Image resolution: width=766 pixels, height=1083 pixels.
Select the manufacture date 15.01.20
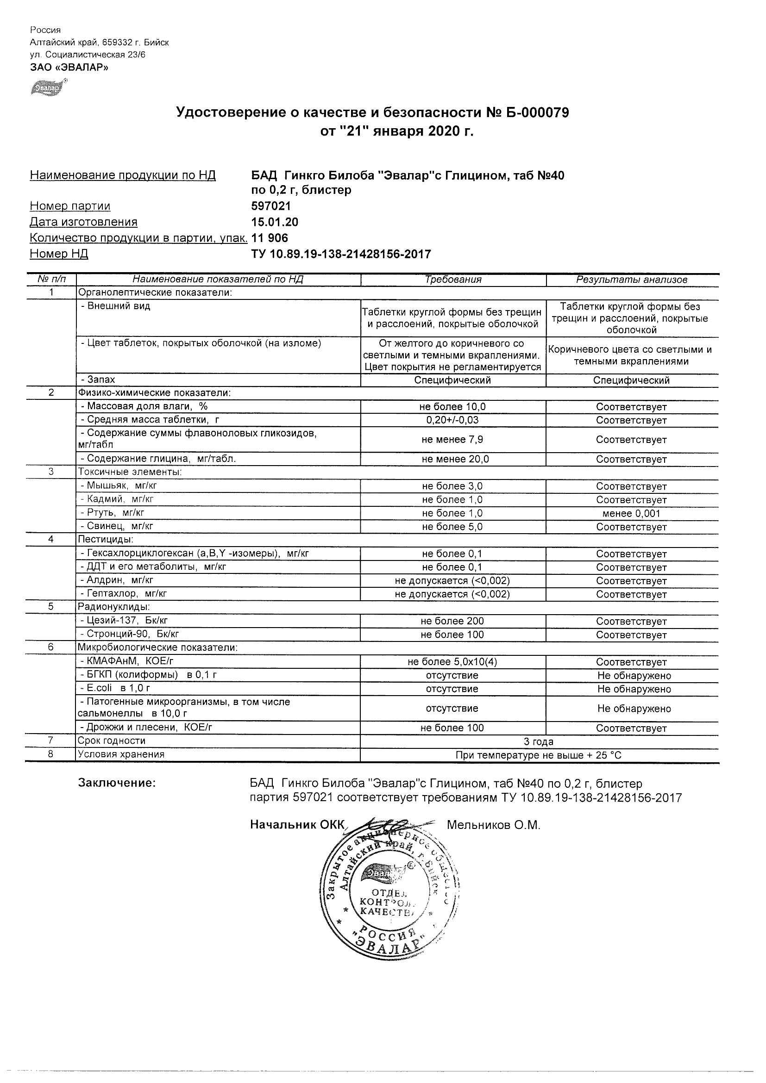pos(274,222)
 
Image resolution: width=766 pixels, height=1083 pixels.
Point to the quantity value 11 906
pos(270,238)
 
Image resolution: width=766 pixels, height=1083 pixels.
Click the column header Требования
pos(453,280)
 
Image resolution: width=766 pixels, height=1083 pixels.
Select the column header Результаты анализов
pos(632,280)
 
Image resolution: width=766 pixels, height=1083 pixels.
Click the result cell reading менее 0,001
pos(632,514)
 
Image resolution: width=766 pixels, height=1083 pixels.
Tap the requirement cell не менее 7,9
pos(452,440)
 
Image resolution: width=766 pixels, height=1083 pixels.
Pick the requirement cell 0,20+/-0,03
pos(452,420)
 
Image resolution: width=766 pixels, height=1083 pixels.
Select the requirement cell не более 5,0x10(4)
pos(452,662)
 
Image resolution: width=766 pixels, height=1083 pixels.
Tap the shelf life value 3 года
pos(539,741)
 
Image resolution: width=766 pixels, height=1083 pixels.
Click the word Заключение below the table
pos(117,784)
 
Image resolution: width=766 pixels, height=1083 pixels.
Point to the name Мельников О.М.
pos(493,825)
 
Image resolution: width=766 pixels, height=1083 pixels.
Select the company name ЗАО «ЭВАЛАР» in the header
pos(69,67)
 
